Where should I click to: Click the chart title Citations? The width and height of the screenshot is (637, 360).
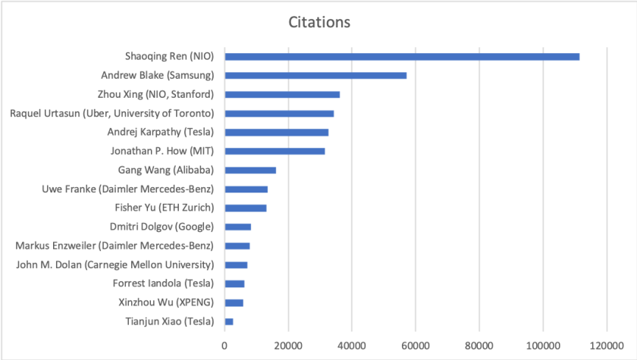(x=318, y=22)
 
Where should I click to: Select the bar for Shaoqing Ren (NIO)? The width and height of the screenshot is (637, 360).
(x=402, y=56)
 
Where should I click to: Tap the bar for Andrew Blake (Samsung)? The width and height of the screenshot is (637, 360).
(x=315, y=75)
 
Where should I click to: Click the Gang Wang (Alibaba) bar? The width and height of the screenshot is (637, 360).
(x=250, y=170)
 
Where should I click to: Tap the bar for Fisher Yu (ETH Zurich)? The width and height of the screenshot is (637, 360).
(x=246, y=208)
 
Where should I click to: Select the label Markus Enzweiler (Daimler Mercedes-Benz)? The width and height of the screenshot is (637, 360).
(x=115, y=246)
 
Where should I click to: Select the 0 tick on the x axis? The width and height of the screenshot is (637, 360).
(x=224, y=346)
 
